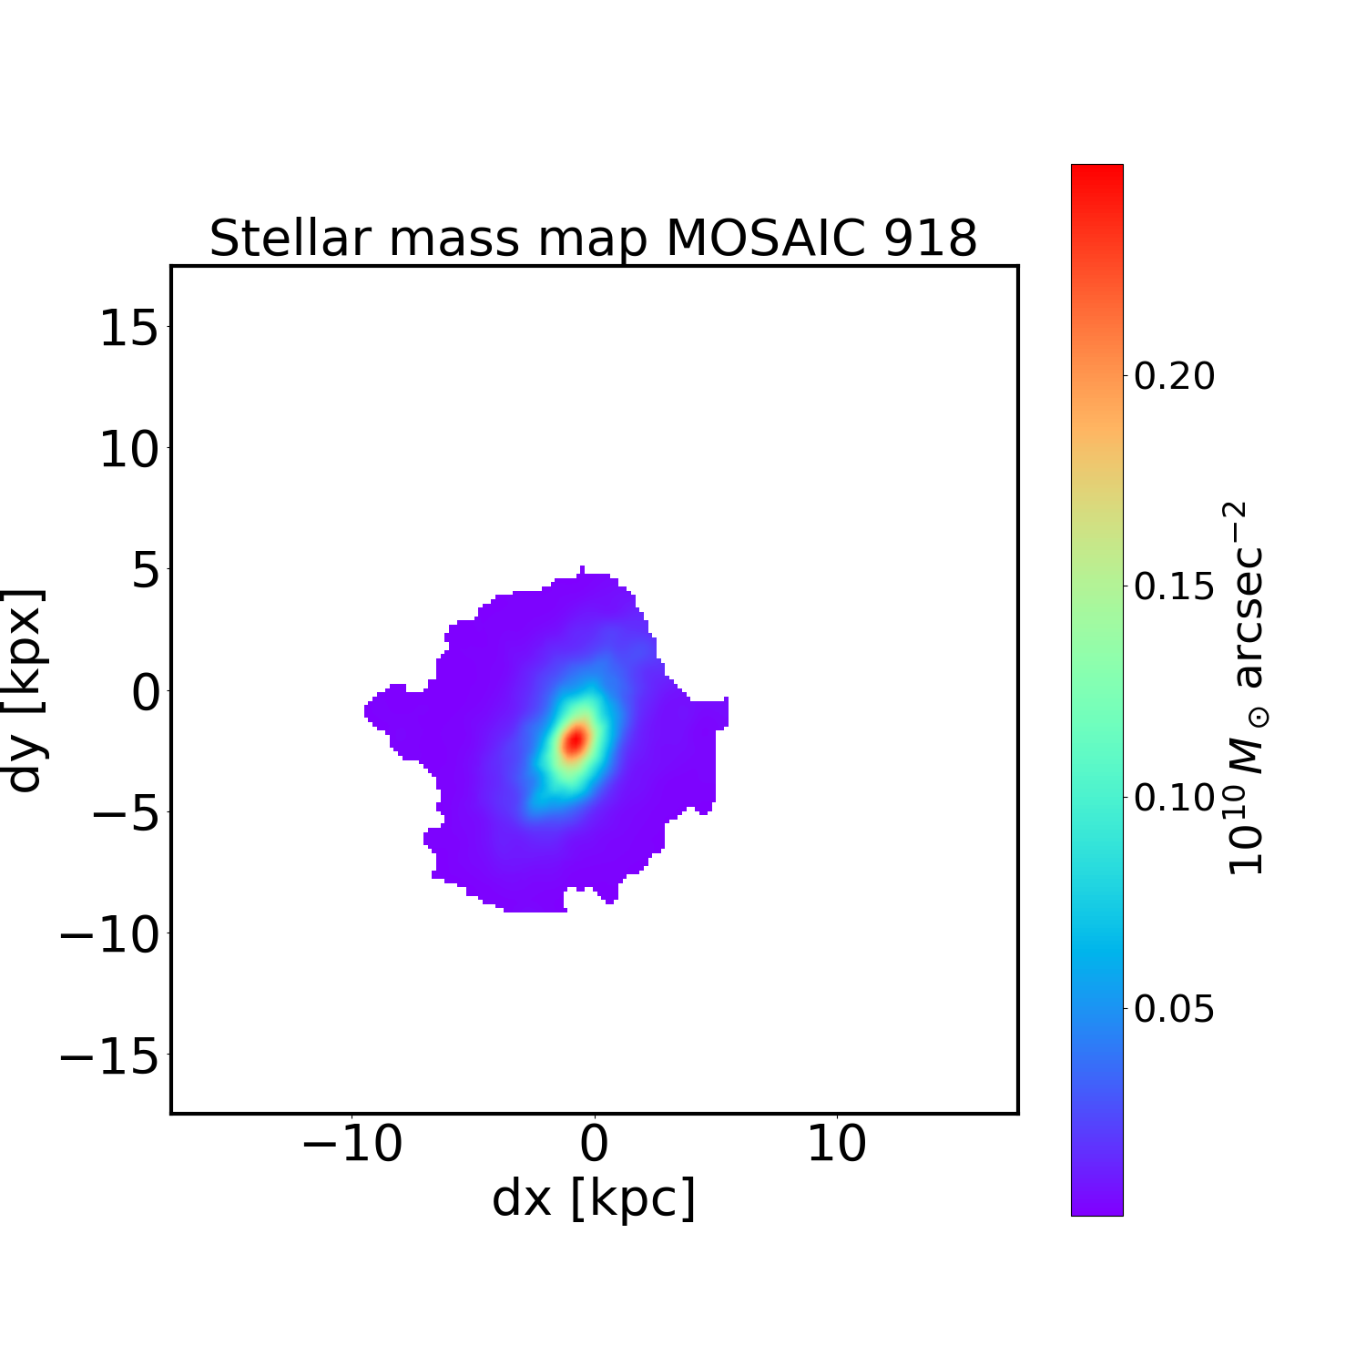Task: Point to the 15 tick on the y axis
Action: click(x=128, y=328)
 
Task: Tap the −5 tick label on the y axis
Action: click(x=125, y=813)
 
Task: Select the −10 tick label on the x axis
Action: click(x=352, y=1145)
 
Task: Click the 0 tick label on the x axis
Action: click(x=594, y=1145)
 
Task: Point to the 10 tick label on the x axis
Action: click(x=836, y=1145)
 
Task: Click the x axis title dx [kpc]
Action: click(x=594, y=1198)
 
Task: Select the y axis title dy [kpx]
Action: click(x=25, y=689)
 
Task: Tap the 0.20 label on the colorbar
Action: click(x=1174, y=375)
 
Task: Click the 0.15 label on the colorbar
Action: click(x=1174, y=586)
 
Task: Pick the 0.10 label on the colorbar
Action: click(x=1174, y=798)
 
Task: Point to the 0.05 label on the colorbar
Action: click(x=1174, y=1009)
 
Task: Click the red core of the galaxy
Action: click(x=575, y=740)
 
